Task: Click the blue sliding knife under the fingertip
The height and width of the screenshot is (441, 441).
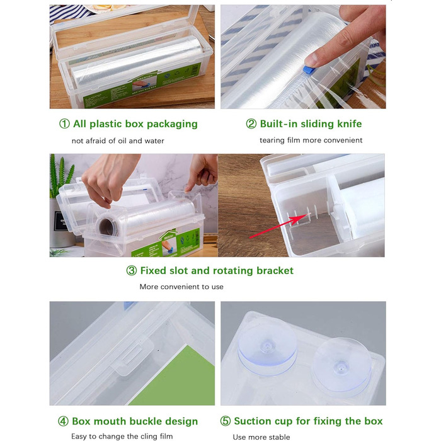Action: pyautogui.click(x=307, y=71)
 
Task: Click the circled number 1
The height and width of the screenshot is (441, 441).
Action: pyautogui.click(x=64, y=123)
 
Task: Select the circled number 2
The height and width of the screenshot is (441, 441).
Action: pyautogui.click(x=251, y=123)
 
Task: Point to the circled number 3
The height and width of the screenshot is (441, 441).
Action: pyautogui.click(x=131, y=270)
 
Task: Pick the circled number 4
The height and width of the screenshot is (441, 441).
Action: pyautogui.click(x=63, y=421)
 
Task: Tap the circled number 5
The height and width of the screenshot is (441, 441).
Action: pyautogui.click(x=226, y=421)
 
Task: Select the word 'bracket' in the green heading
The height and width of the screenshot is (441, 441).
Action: pyautogui.click(x=275, y=270)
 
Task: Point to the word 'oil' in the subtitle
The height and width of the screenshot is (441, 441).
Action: pyautogui.click(x=122, y=140)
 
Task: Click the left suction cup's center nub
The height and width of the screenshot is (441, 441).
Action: pyautogui.click(x=266, y=346)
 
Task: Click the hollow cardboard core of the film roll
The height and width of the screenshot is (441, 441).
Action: pyautogui.click(x=106, y=227)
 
